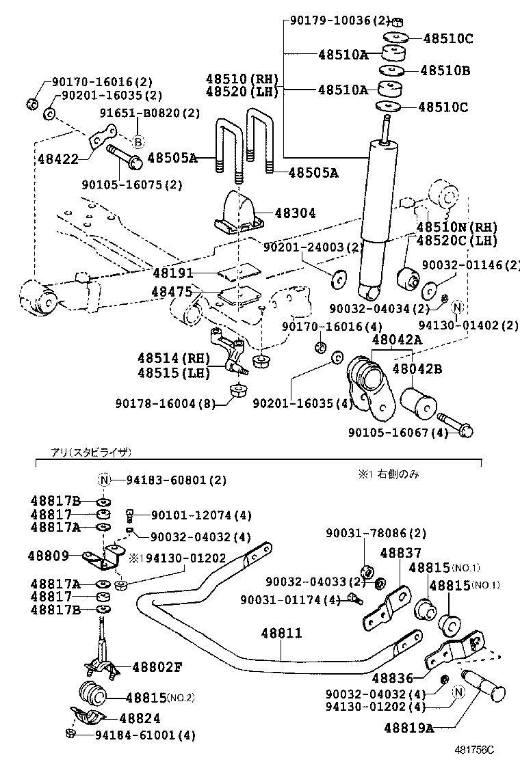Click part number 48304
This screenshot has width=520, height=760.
point(295,214)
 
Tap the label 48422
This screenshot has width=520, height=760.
point(57,159)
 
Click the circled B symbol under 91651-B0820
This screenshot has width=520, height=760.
point(138,142)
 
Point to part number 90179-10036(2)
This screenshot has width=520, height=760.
point(338,21)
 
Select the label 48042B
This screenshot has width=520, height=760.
point(417,369)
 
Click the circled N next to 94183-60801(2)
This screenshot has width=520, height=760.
point(104,480)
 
